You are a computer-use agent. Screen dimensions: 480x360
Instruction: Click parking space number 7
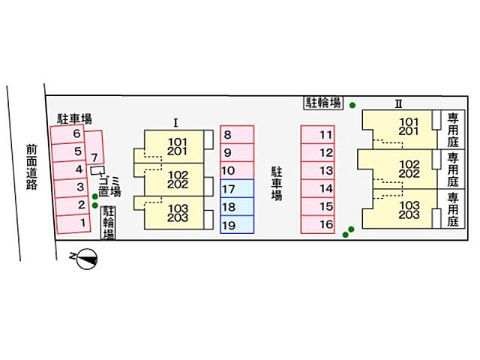tap(94, 148)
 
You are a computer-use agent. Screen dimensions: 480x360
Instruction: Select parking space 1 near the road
tap(73, 224)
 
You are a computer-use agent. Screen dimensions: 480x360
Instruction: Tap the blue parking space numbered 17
tap(237, 188)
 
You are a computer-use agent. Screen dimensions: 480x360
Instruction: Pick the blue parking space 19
tap(237, 225)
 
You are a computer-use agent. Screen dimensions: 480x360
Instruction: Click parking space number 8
tap(237, 134)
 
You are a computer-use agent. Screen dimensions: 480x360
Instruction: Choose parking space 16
tap(317, 224)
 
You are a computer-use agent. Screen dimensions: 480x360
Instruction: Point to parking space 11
tap(317, 134)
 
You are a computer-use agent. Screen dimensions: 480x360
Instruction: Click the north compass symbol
tap(87, 259)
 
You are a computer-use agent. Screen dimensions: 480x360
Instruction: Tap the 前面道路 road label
tap(31, 167)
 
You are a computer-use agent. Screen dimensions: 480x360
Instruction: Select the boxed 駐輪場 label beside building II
tap(323, 103)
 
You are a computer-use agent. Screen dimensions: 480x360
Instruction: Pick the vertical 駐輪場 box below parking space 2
tap(108, 222)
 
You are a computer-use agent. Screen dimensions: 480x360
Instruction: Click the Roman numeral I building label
tap(175, 123)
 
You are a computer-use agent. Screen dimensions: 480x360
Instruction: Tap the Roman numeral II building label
tap(398, 104)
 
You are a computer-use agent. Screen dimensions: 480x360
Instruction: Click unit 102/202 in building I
tap(178, 180)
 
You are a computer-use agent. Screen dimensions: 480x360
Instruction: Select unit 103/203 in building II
tap(409, 209)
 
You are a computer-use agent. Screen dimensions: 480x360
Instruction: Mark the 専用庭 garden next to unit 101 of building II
tap(453, 130)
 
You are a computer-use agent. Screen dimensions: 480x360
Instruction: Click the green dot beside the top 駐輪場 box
tap(352, 105)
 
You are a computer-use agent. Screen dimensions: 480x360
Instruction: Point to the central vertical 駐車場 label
tap(277, 184)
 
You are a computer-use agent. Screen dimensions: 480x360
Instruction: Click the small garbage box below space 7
tap(97, 170)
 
